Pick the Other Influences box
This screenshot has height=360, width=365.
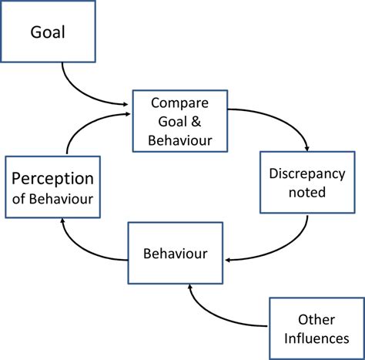tap(316, 327)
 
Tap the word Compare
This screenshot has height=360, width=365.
tap(181, 103)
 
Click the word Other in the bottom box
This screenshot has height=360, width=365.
tap(316, 318)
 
